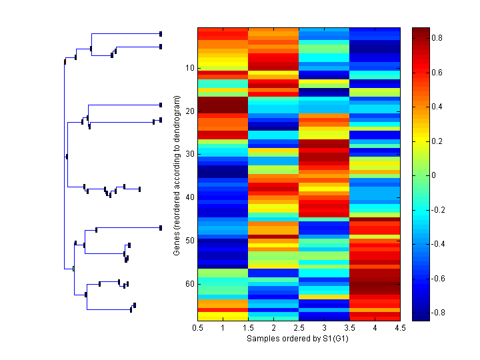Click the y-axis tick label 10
[189, 68]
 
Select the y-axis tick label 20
[189, 111]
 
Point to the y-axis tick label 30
[189, 154]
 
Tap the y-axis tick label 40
[189, 197]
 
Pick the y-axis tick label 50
[189, 241]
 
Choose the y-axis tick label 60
[189, 284]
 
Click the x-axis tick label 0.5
[198, 328]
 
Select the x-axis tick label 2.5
[299, 328]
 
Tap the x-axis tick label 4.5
[401, 328]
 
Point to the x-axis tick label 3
[325, 328]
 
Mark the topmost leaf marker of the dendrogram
[161, 33]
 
